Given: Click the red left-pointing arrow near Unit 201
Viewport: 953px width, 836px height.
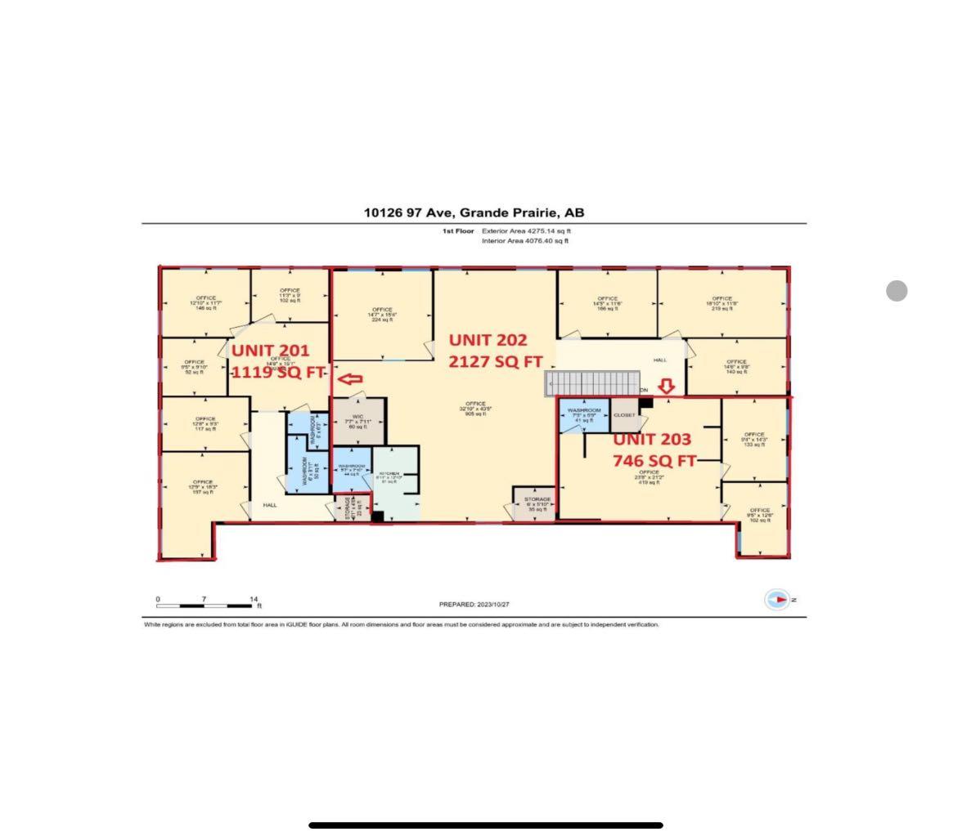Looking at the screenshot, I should [x=350, y=379].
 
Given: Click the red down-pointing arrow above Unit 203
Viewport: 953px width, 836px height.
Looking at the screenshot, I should [x=667, y=387].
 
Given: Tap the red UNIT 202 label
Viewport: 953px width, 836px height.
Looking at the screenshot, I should [x=488, y=340].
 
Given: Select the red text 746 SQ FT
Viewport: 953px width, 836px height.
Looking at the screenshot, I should [x=654, y=461].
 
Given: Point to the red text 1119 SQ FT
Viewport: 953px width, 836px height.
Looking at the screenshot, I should [x=278, y=372].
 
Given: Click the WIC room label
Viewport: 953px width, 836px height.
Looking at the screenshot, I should [x=358, y=421].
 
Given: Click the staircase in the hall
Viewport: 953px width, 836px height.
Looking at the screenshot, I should [x=594, y=383].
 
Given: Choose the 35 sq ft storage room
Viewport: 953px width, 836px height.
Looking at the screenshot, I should [x=537, y=503].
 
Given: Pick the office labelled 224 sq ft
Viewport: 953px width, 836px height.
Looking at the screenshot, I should [x=382, y=315].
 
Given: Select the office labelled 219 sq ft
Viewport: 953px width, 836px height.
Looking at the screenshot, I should [x=721, y=303].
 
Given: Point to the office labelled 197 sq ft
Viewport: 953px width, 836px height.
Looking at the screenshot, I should [x=202, y=487].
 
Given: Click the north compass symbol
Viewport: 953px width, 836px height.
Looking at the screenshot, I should [x=777, y=600].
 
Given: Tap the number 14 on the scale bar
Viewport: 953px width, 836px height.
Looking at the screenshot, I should [x=254, y=599].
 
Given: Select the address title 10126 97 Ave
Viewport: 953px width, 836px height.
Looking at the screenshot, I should [x=474, y=212].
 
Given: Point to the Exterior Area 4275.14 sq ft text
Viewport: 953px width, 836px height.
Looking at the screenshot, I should [x=526, y=231].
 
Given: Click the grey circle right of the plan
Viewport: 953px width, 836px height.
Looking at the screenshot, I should [x=897, y=291].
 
